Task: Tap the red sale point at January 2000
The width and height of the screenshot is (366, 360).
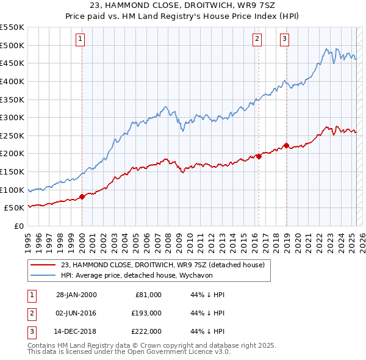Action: click(82, 196)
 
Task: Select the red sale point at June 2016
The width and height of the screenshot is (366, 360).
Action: click(259, 156)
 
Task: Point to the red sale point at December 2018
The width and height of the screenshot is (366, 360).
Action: click(286, 146)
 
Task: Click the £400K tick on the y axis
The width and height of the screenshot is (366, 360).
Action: click(12, 81)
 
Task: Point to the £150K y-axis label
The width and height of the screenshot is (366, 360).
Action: click(12, 171)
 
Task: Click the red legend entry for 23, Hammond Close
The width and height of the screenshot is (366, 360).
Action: click(162, 265)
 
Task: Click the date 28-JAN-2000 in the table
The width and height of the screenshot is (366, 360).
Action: click(76, 295)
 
